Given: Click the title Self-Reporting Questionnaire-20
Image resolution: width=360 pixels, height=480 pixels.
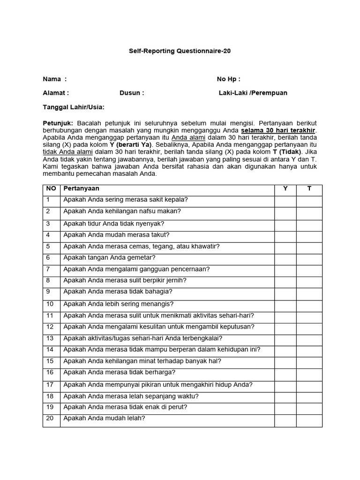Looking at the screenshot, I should click(180, 50).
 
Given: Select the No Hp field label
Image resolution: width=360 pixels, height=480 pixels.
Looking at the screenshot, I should click(228, 79).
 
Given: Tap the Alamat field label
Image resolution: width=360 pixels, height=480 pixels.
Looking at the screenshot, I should click(56, 93).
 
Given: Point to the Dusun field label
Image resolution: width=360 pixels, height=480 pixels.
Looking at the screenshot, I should click(132, 93).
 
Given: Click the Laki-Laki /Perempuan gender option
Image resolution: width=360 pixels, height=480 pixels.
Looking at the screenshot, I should click(253, 93).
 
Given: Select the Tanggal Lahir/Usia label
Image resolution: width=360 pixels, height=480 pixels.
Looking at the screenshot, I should click(74, 107).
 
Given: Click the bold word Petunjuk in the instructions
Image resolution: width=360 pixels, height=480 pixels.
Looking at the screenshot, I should click(57, 123).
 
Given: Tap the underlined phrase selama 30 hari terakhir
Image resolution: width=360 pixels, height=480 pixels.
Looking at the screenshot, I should click(278, 130).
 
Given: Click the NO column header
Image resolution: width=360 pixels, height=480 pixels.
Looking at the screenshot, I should click(51, 188).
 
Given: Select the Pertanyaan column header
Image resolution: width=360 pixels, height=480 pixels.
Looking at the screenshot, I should click(81, 188).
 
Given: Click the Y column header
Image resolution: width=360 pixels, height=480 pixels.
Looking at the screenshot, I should click(285, 188).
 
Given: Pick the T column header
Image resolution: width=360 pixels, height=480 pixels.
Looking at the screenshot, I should click(309, 188).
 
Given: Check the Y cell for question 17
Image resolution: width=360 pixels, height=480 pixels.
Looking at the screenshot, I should click(285, 386).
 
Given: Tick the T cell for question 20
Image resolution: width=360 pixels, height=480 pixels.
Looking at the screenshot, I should click(309, 420).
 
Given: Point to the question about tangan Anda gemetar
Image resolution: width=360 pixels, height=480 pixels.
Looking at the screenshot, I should click(109, 258).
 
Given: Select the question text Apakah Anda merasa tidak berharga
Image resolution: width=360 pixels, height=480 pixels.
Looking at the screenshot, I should click(119, 373).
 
